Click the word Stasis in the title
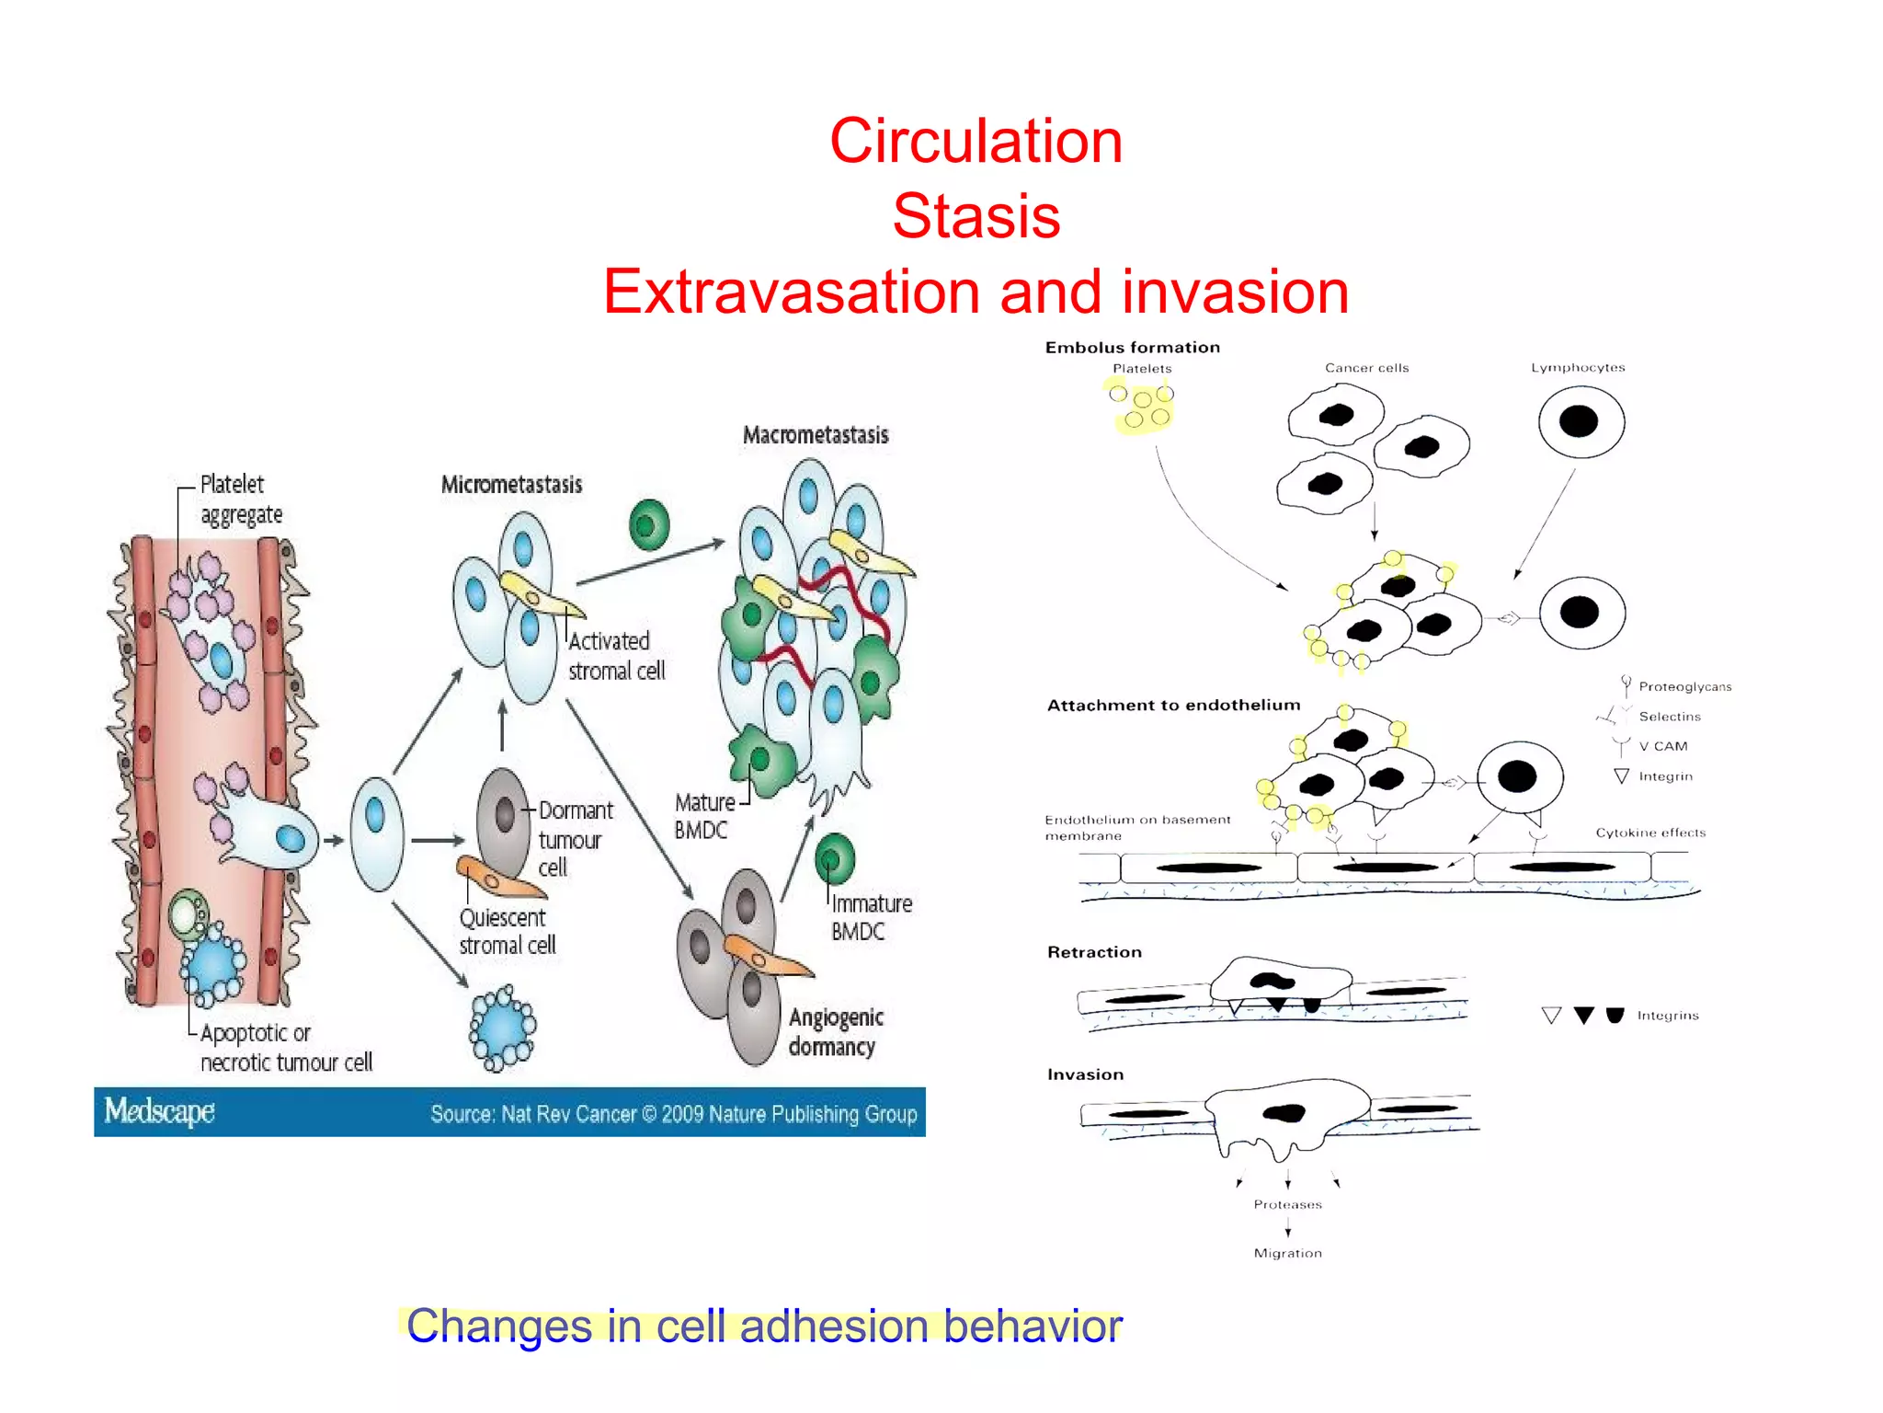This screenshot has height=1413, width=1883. pos(976,216)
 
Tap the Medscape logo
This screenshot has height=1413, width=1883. pos(159,1111)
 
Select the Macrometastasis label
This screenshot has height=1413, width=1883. pos(816,435)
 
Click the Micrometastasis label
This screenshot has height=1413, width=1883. pos(511,485)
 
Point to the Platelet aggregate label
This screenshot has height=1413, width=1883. pos(240,499)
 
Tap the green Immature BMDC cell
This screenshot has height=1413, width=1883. pos(834,859)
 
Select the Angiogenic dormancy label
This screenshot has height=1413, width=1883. pos(835,1031)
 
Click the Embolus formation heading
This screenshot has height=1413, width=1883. pos(1132,348)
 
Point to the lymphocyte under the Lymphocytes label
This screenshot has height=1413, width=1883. pos(1581,422)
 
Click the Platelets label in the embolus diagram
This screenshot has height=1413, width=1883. pos(1142,368)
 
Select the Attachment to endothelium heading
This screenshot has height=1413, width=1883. pos(1173,706)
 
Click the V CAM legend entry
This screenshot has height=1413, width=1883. pos(1662,746)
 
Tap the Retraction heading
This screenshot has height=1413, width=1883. pos(1094,952)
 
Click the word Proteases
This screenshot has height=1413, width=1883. pos(1287,1204)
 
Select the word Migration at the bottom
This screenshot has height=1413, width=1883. pos(1287,1253)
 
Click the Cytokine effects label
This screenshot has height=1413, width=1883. pos(1650,833)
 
